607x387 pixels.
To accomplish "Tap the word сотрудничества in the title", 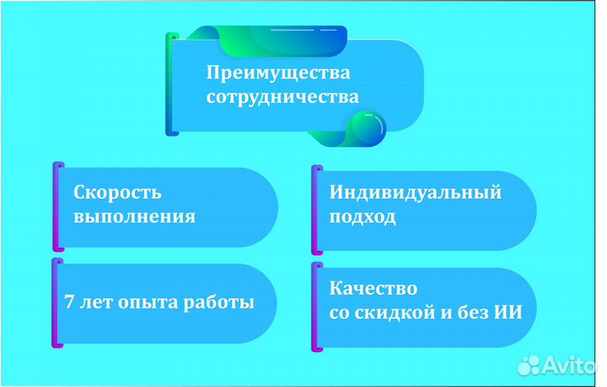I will [x=282, y=97].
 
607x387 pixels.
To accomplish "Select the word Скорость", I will [x=117, y=192].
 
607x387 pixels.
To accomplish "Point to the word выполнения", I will [x=135, y=217].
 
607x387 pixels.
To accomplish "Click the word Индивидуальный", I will [x=416, y=192].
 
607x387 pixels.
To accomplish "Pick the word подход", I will [x=363, y=217].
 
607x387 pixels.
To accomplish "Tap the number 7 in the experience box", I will [x=69, y=302].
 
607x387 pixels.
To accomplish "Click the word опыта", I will [x=145, y=302].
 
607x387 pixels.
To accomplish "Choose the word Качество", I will [x=373, y=288].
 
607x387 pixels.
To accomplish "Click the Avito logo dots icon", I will [x=529, y=365].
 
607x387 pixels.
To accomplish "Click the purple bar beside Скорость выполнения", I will [x=58, y=207].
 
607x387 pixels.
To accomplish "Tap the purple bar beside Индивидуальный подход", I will [x=316, y=209].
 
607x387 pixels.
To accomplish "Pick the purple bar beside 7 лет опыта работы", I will [x=57, y=304].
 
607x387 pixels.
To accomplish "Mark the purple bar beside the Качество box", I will [x=316, y=305].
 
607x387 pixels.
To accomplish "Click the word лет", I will [x=98, y=302].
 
